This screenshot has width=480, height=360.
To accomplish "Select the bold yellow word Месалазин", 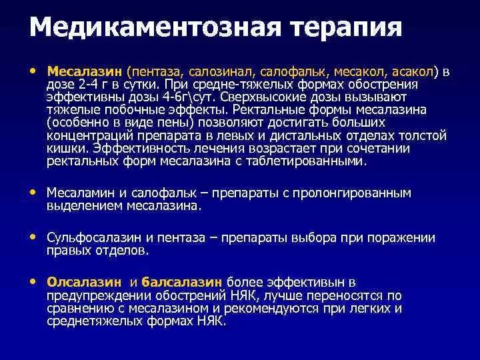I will (x=85, y=72).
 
